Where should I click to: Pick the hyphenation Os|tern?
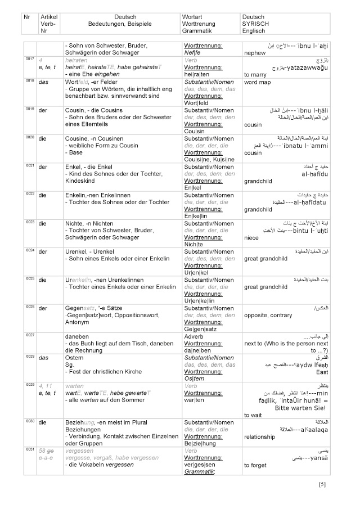194,378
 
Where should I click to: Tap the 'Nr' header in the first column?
27,17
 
